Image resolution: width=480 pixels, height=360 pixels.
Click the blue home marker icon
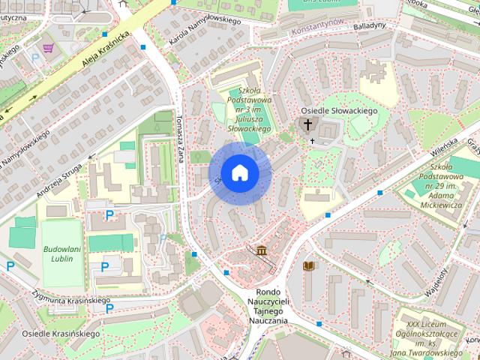coord(240,172)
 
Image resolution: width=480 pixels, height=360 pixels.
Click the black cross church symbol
coord(307,124)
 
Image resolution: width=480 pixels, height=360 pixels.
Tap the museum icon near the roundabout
coord(261,250)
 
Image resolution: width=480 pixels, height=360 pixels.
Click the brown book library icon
coord(307,265)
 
